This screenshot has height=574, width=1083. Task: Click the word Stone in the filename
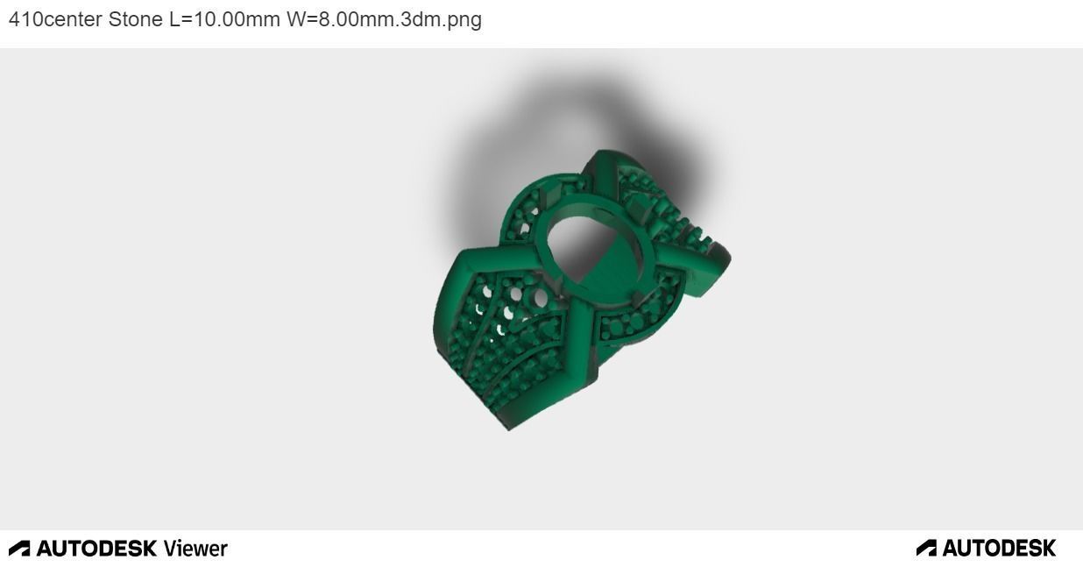(x=135, y=19)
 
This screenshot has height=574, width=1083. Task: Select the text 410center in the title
(x=55, y=19)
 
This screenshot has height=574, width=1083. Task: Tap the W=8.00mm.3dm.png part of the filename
(x=384, y=19)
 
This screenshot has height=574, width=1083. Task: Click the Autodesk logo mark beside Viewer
(x=19, y=549)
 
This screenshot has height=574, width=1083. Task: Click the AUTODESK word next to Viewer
(x=96, y=549)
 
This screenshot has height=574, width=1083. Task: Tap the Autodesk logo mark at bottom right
(x=926, y=549)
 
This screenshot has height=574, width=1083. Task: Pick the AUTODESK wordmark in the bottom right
(x=999, y=549)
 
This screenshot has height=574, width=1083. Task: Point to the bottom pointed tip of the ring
(x=508, y=428)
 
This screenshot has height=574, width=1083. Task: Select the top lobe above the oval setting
(x=605, y=167)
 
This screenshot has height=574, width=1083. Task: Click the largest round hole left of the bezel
(x=540, y=300)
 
